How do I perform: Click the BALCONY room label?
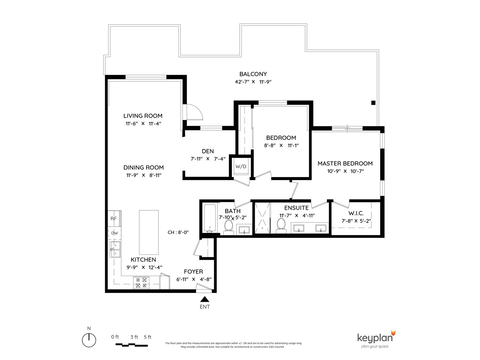(x=253, y=74)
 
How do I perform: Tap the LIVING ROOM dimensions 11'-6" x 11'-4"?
(x=143, y=124)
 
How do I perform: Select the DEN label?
(x=208, y=151)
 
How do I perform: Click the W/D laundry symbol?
(x=241, y=167)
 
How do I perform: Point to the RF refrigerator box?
(x=114, y=218)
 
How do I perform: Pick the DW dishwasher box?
(x=114, y=233)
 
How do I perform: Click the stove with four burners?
(x=141, y=283)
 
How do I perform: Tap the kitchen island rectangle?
(x=149, y=232)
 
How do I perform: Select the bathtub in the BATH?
(x=210, y=218)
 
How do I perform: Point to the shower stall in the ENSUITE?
(x=262, y=218)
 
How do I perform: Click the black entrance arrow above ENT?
(x=205, y=299)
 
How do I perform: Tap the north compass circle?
(x=89, y=340)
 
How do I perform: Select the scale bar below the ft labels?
(x=132, y=345)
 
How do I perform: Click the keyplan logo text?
(x=375, y=338)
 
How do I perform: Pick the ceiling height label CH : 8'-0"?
(x=178, y=232)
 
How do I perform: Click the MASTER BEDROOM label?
(x=345, y=163)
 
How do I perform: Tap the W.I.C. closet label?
(x=356, y=213)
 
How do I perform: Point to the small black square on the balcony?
(x=373, y=103)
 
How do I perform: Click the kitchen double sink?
(x=115, y=249)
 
